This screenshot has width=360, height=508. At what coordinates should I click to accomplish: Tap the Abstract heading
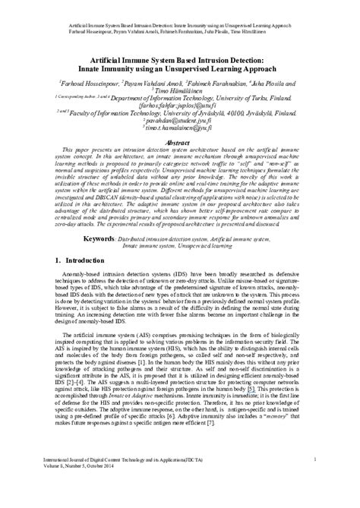coord(181,143)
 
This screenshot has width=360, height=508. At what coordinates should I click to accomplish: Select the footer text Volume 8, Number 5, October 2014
coord(84,487)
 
